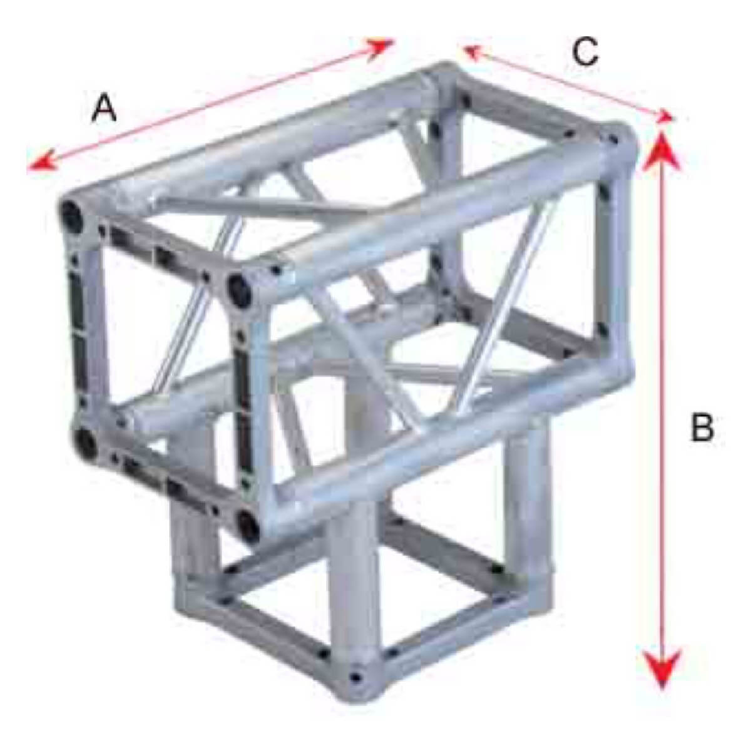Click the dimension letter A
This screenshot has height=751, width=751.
[104, 108]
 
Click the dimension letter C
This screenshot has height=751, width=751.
[585, 51]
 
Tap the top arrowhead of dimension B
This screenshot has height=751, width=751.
[661, 152]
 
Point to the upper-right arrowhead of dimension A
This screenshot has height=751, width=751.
[379, 48]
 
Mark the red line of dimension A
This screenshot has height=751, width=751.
[210, 106]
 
